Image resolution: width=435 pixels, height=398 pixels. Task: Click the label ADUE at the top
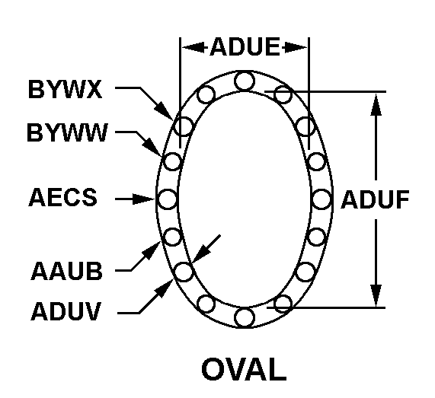click(x=245, y=46)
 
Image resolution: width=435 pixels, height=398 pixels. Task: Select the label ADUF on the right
click(x=375, y=199)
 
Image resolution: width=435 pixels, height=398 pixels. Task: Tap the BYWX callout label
click(x=66, y=89)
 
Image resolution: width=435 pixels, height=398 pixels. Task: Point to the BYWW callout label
click(x=67, y=132)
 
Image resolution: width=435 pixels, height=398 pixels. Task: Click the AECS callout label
click(x=63, y=197)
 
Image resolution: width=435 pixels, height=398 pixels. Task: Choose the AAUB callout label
click(x=66, y=270)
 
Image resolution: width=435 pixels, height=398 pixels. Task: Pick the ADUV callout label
click(x=66, y=311)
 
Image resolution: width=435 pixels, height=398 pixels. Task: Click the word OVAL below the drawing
click(x=244, y=369)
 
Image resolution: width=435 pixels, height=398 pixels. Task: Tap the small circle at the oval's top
click(x=245, y=81)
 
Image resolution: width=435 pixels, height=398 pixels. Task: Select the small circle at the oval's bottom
click(x=245, y=317)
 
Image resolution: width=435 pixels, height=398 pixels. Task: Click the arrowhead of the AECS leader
click(x=143, y=199)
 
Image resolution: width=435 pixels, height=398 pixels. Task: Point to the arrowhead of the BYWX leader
click(x=164, y=111)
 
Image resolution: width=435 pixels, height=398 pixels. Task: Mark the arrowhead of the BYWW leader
click(x=152, y=146)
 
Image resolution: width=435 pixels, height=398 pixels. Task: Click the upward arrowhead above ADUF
click(x=376, y=104)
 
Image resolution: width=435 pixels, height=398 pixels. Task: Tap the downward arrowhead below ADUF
click(x=376, y=295)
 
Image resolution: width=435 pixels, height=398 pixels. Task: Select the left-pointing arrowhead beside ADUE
click(x=194, y=47)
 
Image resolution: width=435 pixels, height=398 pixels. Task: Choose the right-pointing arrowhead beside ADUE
click(x=295, y=47)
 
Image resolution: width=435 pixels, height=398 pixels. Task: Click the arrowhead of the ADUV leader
click(x=165, y=288)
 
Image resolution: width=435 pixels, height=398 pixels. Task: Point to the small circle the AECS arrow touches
click(x=168, y=199)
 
